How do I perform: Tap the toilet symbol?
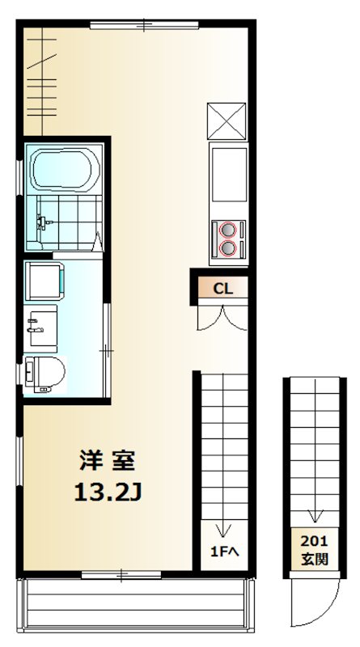(x=45, y=374)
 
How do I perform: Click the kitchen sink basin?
(x=229, y=173)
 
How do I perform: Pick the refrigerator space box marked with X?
(x=227, y=121)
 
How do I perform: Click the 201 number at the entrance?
(x=314, y=542)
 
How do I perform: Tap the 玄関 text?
(x=314, y=559)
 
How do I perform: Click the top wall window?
(x=144, y=25)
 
